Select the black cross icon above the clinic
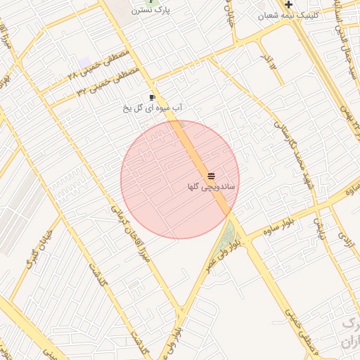click(x=288, y=4)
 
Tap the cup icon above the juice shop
click(x=152, y=97)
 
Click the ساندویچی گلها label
click(x=212, y=187)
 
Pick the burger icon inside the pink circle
click(x=212, y=174)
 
